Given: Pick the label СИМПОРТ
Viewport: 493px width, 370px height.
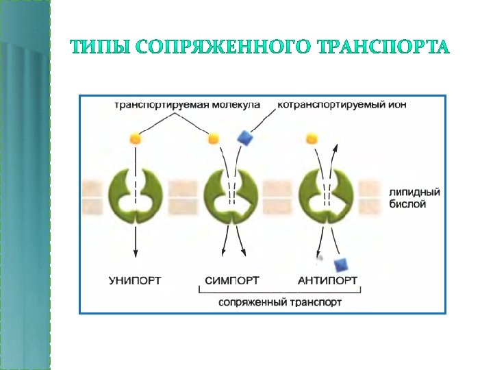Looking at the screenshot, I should (231, 280).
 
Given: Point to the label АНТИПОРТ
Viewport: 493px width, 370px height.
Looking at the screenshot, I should (327, 280).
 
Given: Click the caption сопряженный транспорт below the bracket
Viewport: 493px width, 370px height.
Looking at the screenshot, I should (280, 301).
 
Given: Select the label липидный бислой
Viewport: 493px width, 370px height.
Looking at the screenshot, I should (414, 199).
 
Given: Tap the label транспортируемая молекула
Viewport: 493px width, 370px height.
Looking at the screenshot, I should (187, 106).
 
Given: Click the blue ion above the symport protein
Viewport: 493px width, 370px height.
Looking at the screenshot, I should (244, 138).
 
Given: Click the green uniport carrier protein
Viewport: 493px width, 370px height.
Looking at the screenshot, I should (137, 195).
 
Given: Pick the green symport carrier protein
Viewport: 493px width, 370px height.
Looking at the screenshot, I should (231, 195).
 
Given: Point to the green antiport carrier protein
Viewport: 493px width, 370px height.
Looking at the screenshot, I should (327, 195).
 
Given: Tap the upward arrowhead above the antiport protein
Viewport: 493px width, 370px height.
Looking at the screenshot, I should (335, 146).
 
